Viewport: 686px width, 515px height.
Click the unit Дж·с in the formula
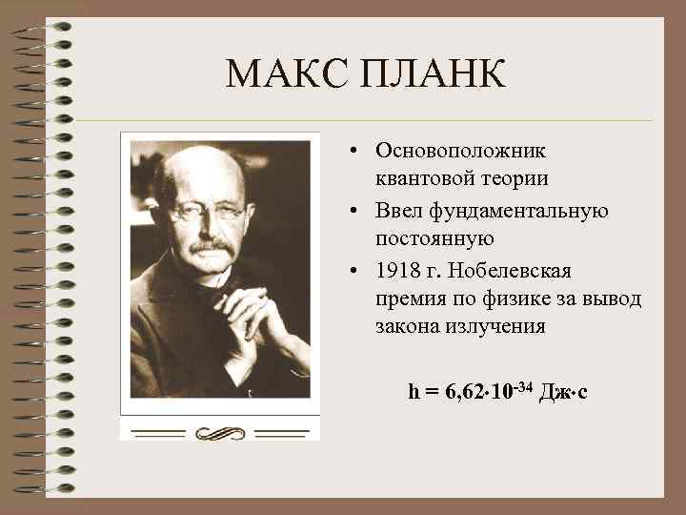564,391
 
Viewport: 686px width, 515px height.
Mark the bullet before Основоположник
353,152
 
